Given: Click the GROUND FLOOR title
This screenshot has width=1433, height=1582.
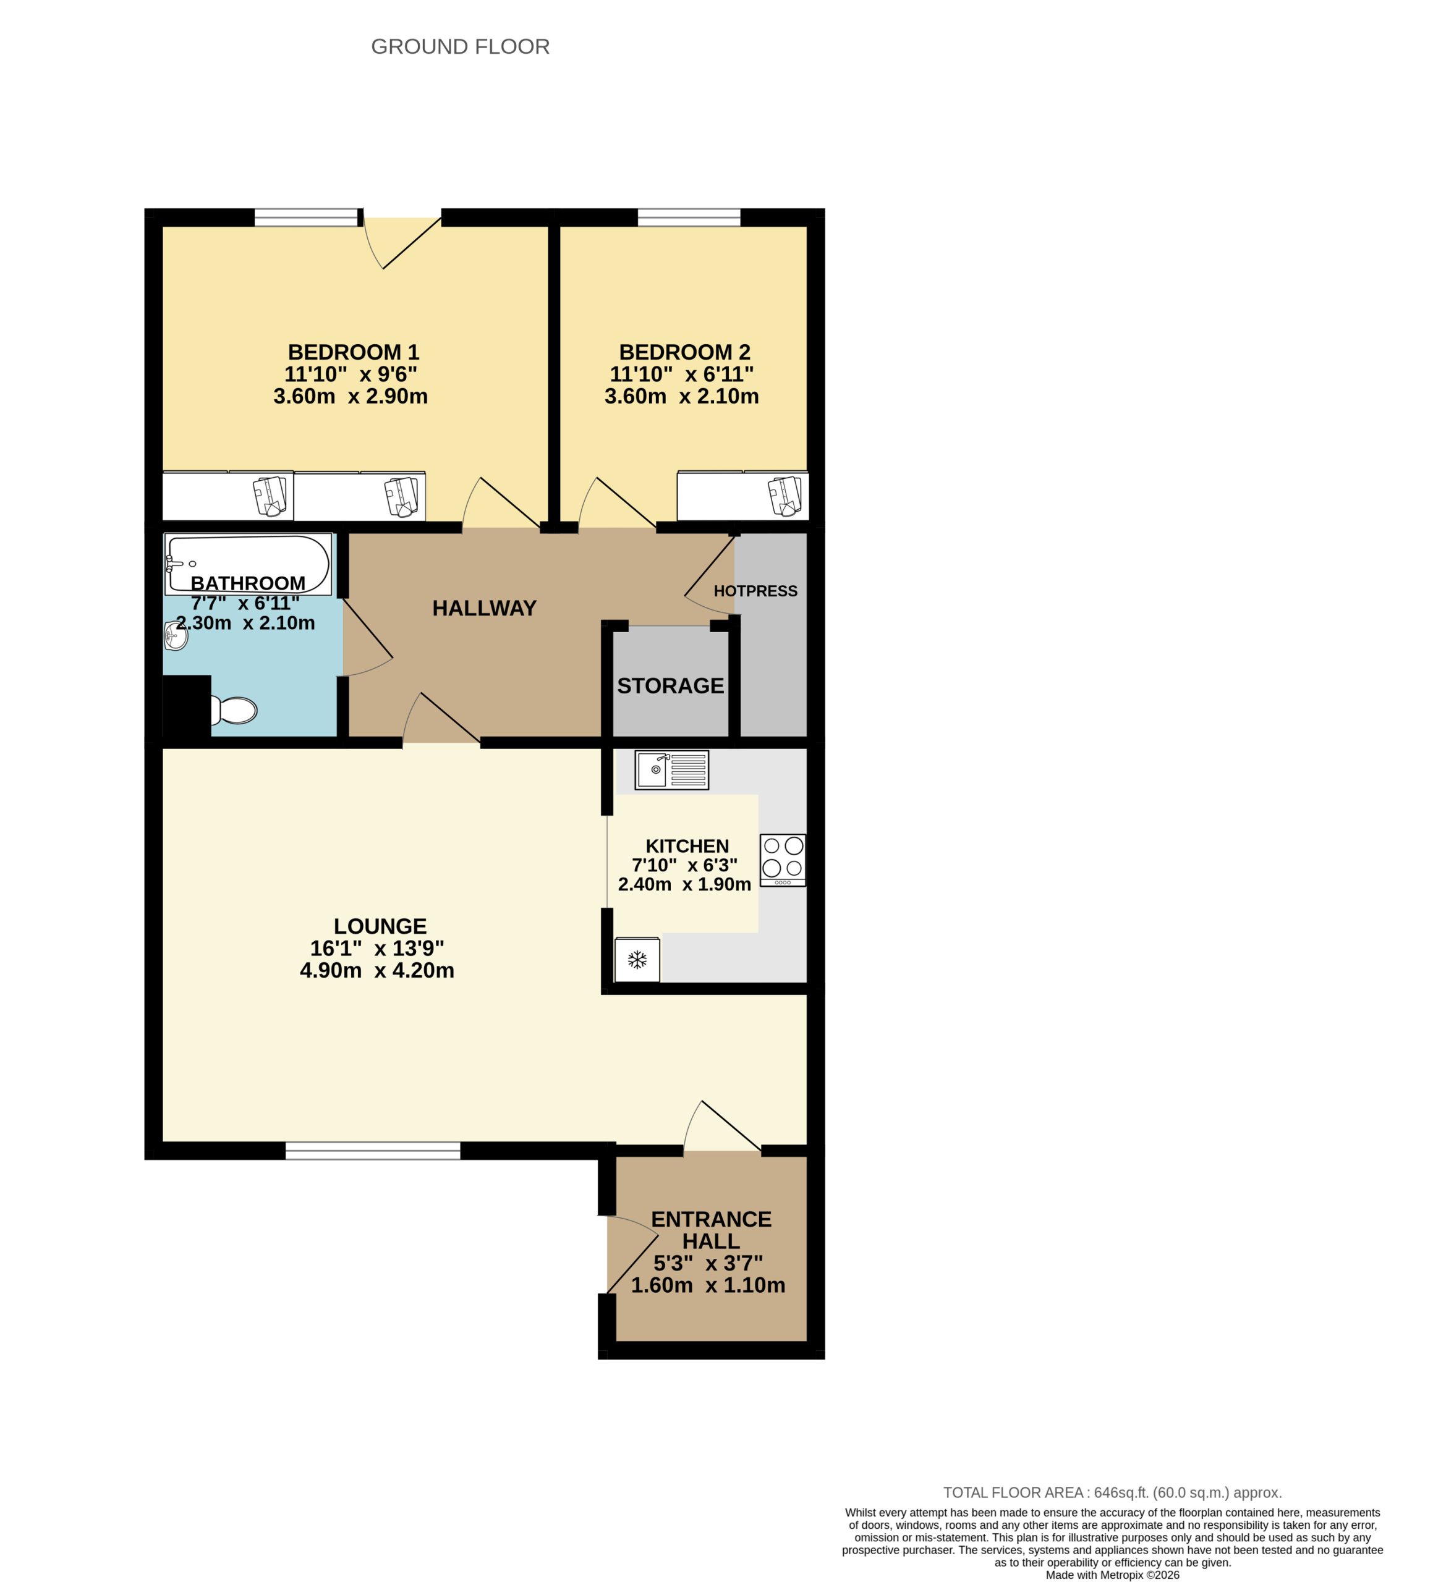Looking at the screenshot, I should [459, 47].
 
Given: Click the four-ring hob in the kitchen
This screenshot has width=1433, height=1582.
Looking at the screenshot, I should [782, 859].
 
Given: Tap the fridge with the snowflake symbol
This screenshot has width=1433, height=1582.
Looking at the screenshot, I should [637, 959].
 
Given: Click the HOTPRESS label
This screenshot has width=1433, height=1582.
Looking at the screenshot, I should [755, 591].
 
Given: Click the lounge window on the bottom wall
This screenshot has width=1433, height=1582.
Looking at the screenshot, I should [372, 1151].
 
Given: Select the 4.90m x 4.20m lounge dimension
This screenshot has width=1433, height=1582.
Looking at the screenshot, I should [377, 971].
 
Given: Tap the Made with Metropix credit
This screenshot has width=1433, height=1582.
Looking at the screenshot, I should [1112, 1574].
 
